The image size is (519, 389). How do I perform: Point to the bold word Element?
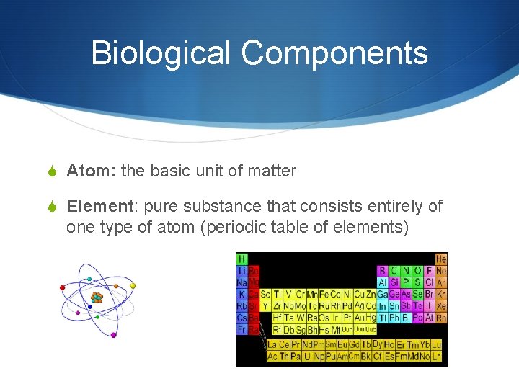pos(100,207)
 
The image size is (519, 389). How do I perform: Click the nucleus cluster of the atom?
pos(97,297)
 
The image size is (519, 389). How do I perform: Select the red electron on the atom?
pos(63,287)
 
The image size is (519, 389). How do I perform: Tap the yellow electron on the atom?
pos(133,286)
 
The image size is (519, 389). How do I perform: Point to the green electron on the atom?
pos(89,279)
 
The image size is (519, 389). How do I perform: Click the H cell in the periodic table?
pos(242,259)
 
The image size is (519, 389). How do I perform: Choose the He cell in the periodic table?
pos(441,259)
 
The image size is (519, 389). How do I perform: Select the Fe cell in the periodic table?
pos(324,294)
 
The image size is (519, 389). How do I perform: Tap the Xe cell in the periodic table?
pos(441,306)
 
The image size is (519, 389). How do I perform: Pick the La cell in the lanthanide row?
pos(272,344)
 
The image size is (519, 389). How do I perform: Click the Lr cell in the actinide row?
pos(437,356)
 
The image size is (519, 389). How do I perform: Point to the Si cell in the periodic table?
pos(394,282)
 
